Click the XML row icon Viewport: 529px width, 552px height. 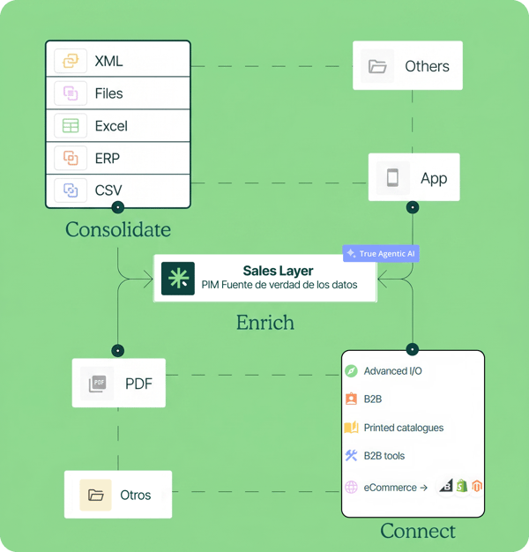point(71,61)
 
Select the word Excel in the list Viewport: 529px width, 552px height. point(111,126)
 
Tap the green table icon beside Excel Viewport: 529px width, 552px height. point(71,126)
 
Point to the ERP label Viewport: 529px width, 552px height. point(108,159)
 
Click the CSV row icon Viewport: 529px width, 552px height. point(71,190)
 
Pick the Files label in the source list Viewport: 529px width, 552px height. point(108,93)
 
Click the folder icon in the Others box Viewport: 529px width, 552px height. point(377,66)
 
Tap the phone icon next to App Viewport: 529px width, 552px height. point(393,177)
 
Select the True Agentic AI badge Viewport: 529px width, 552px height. point(381,253)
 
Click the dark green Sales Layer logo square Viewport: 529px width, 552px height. point(178,278)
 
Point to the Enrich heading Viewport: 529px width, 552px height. point(265,323)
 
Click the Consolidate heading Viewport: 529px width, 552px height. point(118,229)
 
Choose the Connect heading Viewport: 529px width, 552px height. point(418,531)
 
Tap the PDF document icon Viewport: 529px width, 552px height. point(97,384)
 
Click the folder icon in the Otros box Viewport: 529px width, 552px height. point(95,495)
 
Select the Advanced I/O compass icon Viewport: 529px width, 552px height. point(351,371)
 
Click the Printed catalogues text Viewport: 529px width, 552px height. point(404,428)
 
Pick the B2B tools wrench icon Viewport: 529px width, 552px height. point(351,456)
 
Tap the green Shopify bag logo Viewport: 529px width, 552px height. point(462,486)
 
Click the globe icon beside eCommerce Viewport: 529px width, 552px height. point(351,488)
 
